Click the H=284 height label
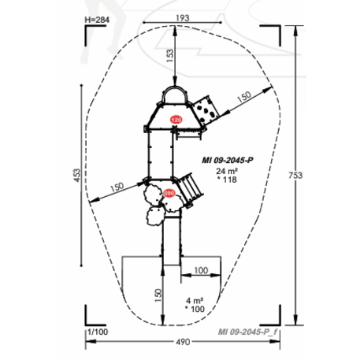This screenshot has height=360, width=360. pos(97,20)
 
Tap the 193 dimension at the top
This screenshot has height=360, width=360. pos(183,18)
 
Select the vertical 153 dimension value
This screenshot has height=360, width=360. pos(170,56)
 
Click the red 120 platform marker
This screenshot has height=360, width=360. pos(176,120)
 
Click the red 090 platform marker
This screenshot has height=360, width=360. pos(169,193)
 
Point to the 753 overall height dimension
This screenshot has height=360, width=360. pos(295,175)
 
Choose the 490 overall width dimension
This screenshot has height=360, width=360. pos(183,342)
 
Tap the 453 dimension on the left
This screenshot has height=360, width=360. pos(76,175)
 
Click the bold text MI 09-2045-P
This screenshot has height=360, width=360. pos(228,160)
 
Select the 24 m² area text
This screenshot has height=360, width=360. pos(227,171)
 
